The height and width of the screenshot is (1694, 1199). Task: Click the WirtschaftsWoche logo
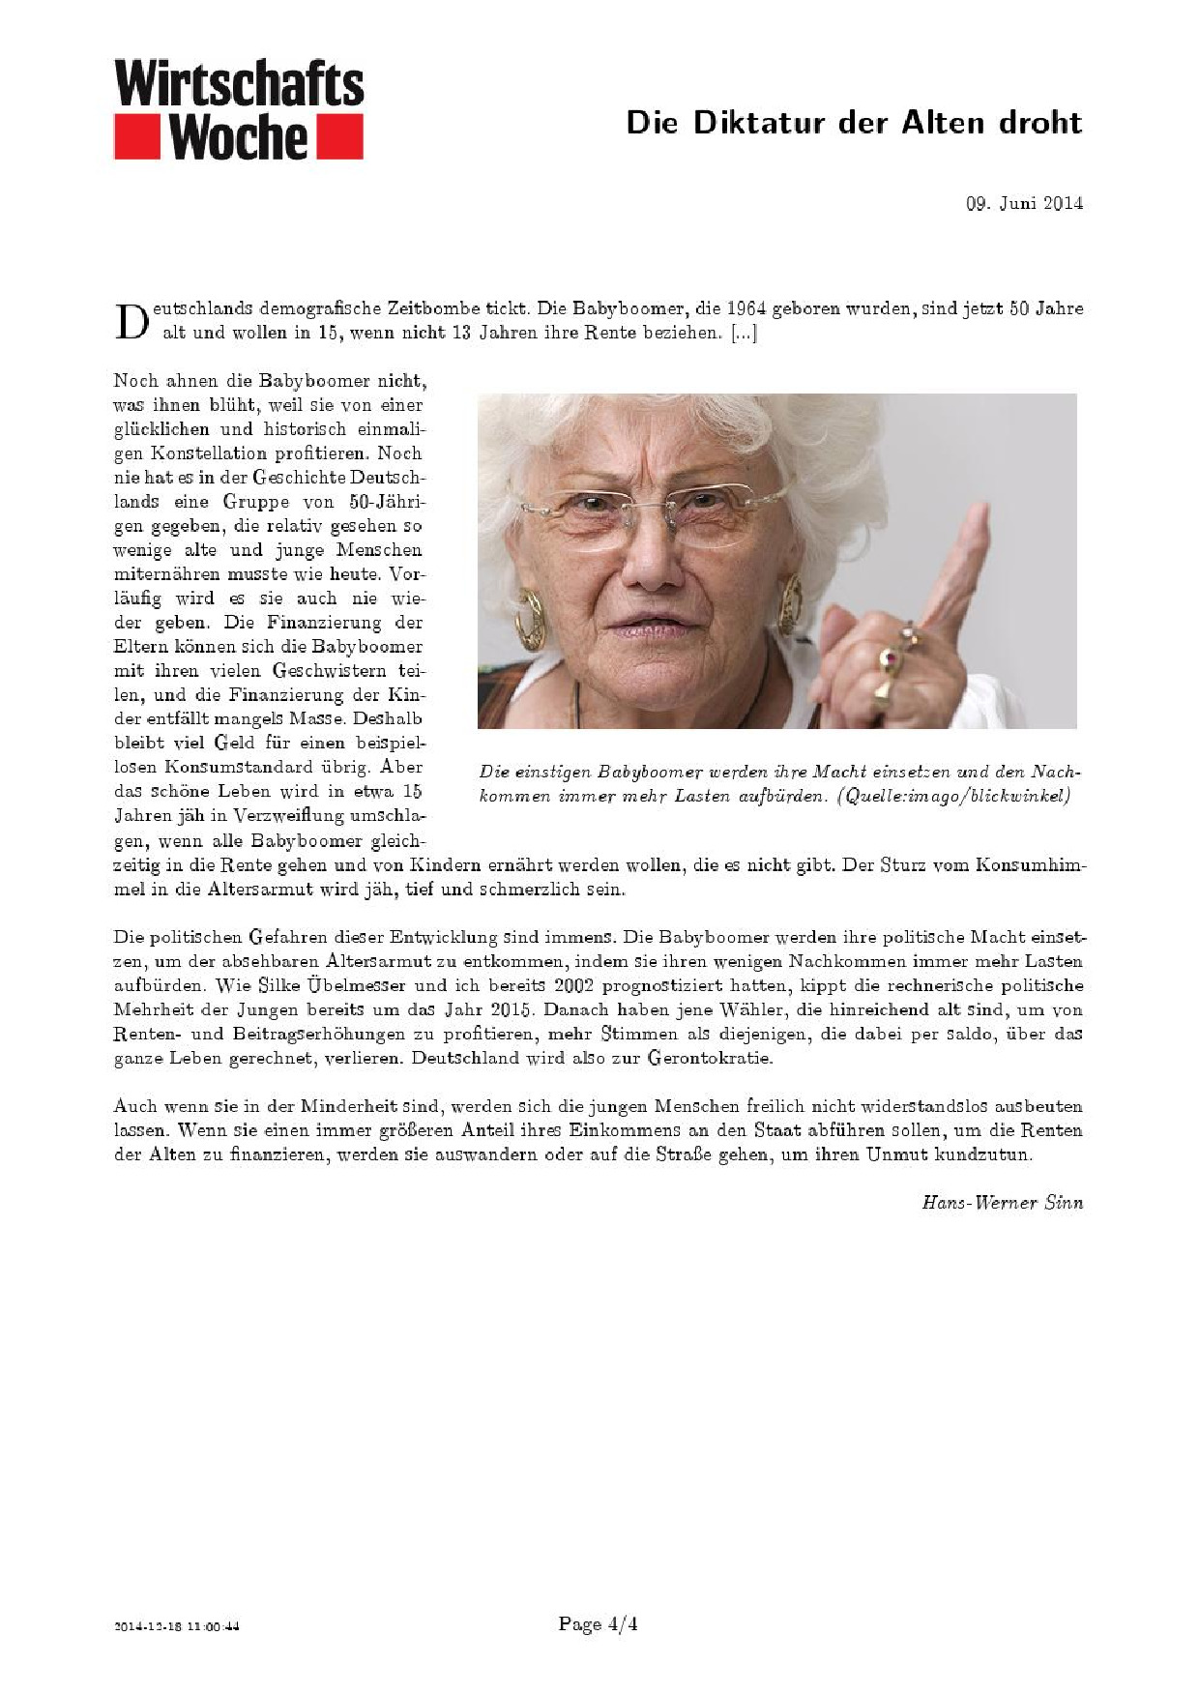pyautogui.click(x=239, y=109)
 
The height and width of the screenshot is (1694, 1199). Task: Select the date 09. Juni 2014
pyautogui.click(x=1024, y=203)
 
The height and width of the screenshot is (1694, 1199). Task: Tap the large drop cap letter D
pyautogui.click(x=131, y=322)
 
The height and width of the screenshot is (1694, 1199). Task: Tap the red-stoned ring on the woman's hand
pyautogui.click(x=889, y=660)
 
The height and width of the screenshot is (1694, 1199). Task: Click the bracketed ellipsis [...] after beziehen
pyautogui.click(x=744, y=334)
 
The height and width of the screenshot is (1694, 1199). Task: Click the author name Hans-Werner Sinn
pyautogui.click(x=1002, y=1204)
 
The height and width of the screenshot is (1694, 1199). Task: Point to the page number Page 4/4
pyautogui.click(x=598, y=1624)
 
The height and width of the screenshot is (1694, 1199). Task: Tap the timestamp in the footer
pyautogui.click(x=177, y=1626)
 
